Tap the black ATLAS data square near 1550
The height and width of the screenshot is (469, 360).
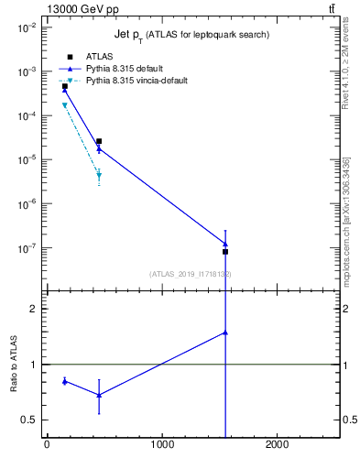pyautogui.click(x=225, y=251)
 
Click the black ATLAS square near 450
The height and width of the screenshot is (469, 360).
pyautogui.click(x=99, y=141)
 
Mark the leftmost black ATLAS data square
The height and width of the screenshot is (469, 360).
pyautogui.click(x=65, y=87)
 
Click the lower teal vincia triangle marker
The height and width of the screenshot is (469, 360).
pyautogui.click(x=99, y=175)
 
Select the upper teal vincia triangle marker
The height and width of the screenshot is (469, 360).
pyautogui.click(x=65, y=105)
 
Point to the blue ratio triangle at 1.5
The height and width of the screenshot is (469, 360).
pyautogui.click(x=225, y=333)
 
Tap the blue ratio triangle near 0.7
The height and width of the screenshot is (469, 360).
pyautogui.click(x=99, y=395)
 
